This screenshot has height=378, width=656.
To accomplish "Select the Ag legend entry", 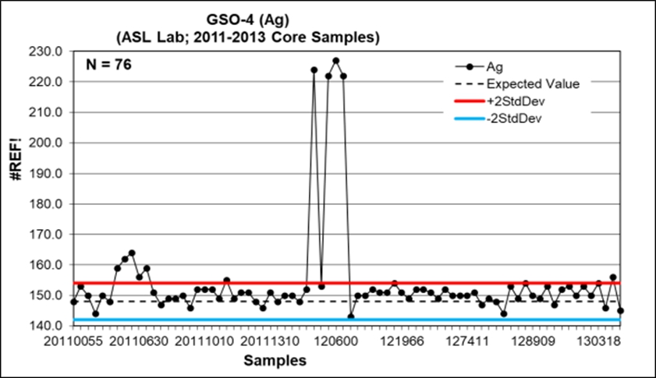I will tap(500, 68).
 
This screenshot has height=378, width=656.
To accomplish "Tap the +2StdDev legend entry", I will tap(514, 101).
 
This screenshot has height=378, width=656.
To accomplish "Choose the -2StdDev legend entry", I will tap(512, 118).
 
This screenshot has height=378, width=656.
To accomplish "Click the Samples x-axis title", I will tap(274, 360).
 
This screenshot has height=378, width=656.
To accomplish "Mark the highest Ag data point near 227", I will tap(335, 60).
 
